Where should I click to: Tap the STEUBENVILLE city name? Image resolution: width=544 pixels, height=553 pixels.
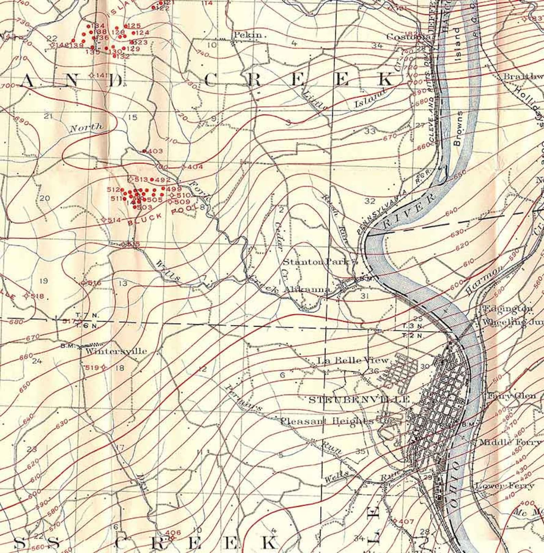(359, 399)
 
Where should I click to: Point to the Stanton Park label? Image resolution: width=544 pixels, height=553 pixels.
(317, 262)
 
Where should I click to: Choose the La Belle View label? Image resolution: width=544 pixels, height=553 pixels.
(353, 360)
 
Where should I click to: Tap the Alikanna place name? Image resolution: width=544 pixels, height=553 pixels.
(308, 290)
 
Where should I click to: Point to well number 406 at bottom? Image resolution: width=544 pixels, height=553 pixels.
(173, 532)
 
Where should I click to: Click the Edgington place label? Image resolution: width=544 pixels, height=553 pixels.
(507, 309)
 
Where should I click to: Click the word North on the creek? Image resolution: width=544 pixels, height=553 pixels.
(86, 127)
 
